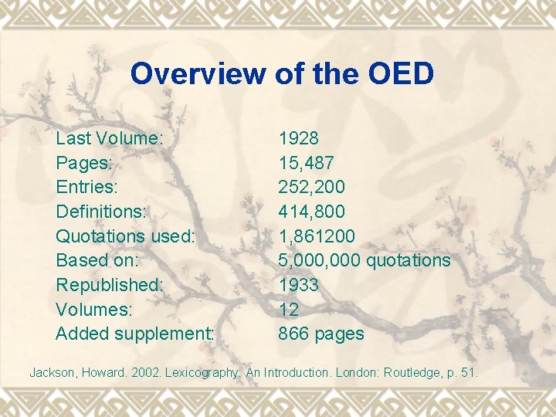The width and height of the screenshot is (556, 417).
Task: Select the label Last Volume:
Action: pos(109,139)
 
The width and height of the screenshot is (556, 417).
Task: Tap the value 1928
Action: pos(299,139)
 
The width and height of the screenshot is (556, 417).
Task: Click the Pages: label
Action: pos(84,163)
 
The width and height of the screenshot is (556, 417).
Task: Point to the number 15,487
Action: pos(307,163)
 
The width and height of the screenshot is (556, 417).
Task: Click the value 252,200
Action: pos(312,187)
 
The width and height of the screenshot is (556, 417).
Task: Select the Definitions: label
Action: pos(101,212)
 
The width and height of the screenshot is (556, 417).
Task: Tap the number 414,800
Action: pos(312,212)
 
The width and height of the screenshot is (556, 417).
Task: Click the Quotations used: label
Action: pos(125,236)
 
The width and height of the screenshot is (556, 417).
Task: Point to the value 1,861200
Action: pos(317,236)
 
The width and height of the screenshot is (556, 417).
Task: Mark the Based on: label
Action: pos(96,260)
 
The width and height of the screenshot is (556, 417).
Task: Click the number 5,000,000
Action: pos(319,260)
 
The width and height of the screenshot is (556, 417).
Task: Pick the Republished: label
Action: pos(110,285)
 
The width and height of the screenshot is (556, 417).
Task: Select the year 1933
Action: pos(299,285)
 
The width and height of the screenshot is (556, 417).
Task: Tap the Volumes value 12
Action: pos(288,310)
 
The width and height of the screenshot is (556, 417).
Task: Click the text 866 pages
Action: pos(321,334)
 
